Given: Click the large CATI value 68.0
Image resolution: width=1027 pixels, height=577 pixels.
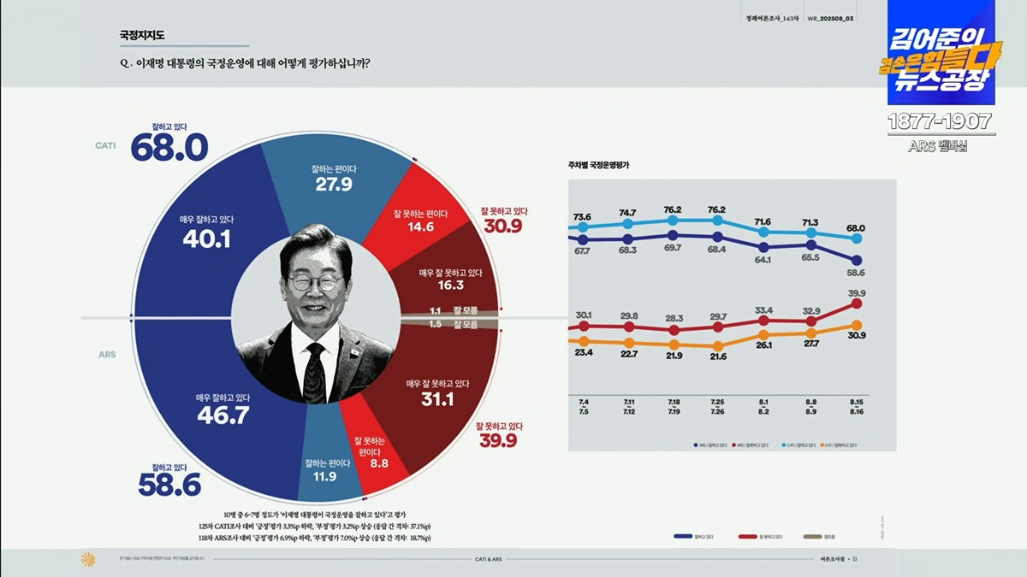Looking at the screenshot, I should point(169,148).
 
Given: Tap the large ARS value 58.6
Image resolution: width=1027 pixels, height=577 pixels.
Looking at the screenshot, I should point(169,486).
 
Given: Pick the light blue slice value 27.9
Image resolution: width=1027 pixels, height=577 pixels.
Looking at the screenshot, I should point(334,184).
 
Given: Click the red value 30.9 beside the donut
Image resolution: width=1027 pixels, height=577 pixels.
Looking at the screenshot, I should point(503,226).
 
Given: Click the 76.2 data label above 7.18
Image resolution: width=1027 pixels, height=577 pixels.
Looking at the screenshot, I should point(672,210).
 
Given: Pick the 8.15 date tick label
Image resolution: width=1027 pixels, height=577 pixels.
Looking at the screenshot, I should point(856,403).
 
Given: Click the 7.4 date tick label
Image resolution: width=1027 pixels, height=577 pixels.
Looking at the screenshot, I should point(584,403).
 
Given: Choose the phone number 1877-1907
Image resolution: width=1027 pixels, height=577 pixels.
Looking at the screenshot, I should point(940,121).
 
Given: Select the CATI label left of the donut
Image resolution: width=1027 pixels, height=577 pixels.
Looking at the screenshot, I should point(105,145).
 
